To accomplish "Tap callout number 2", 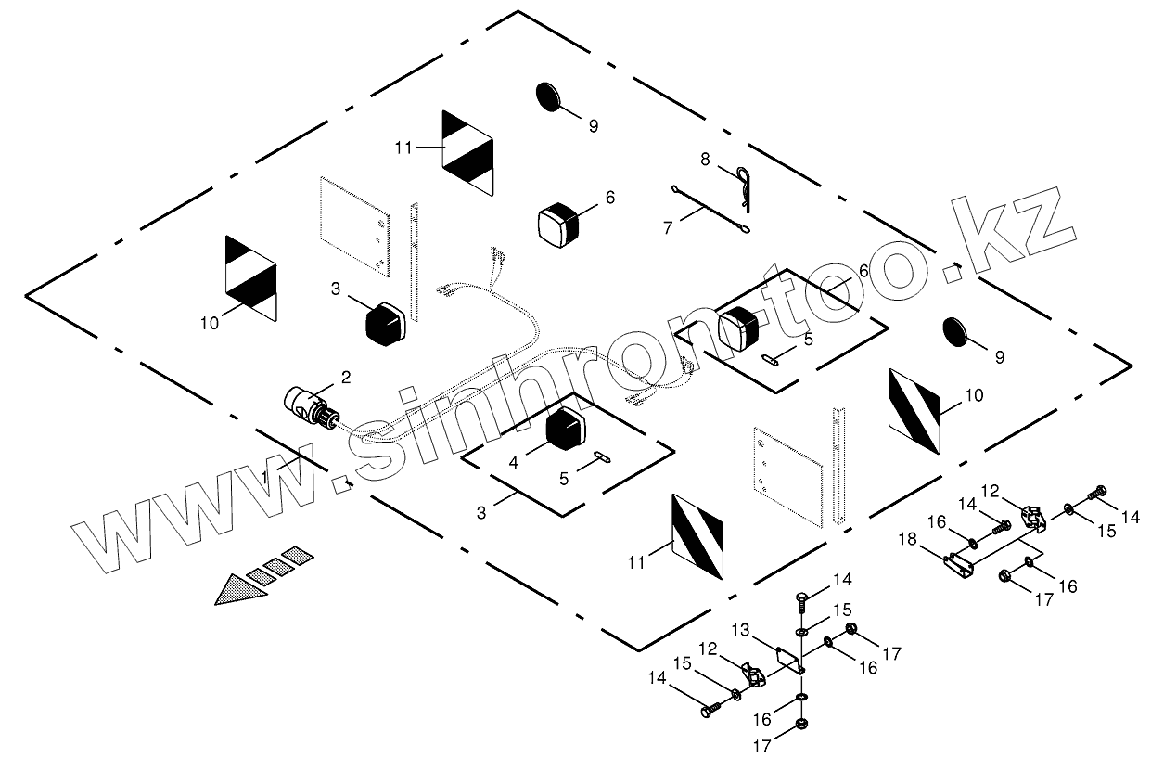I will pyautogui.click(x=345, y=377).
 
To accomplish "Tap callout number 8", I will pyautogui.click(x=706, y=160).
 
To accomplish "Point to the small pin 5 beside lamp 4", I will pyautogui.click(x=601, y=455).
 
